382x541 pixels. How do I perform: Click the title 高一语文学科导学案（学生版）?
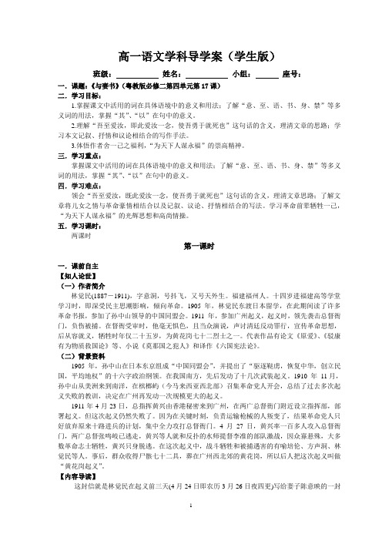click(x=191, y=55)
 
